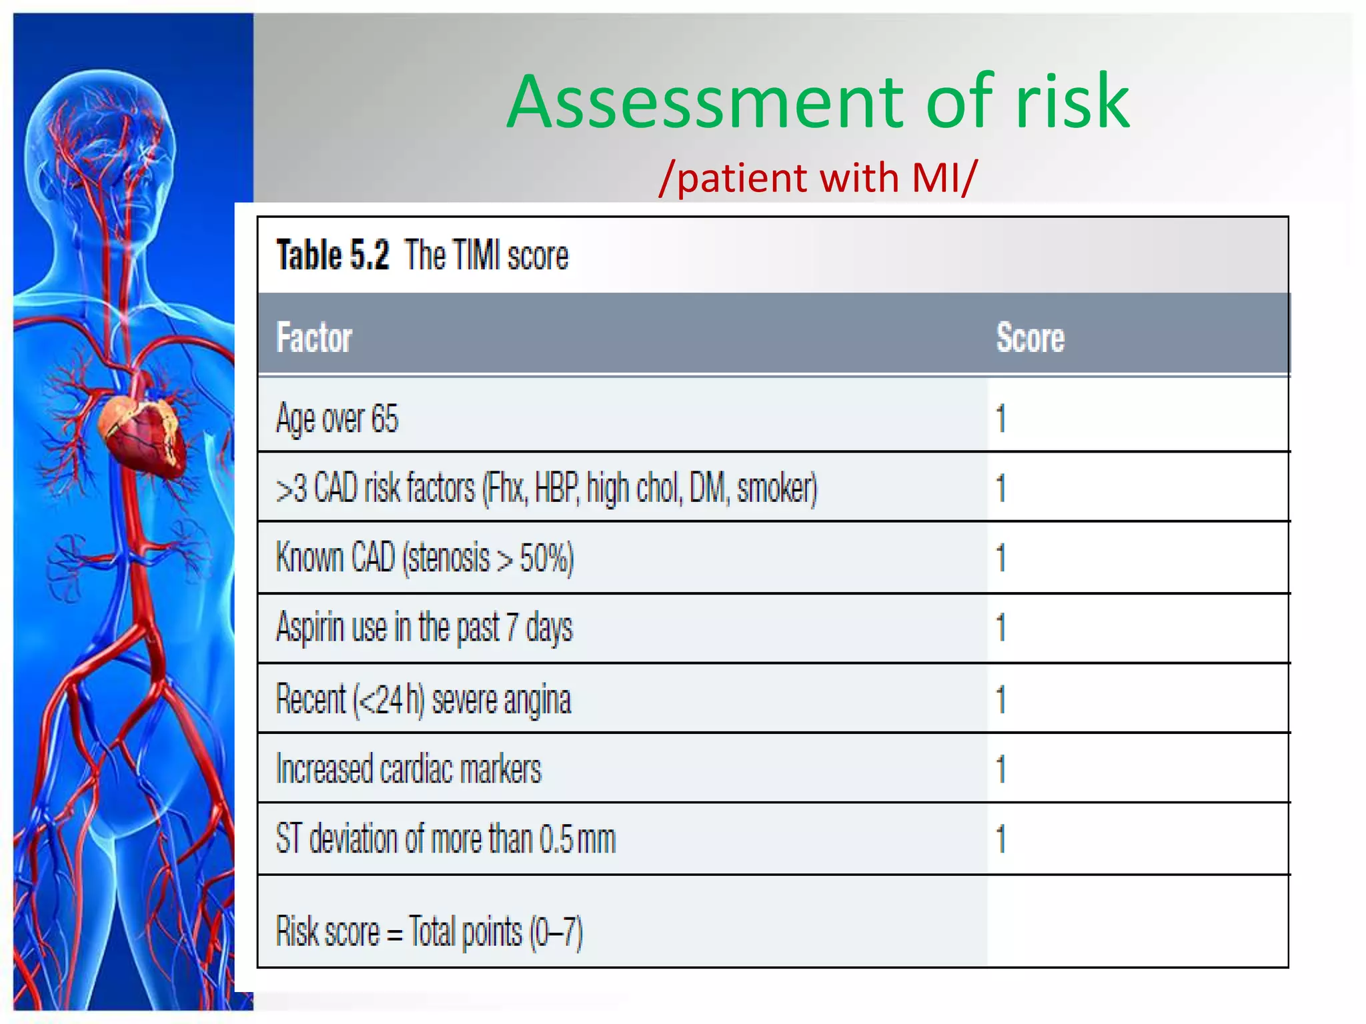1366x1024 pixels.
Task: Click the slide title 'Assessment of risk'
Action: pyautogui.click(x=818, y=102)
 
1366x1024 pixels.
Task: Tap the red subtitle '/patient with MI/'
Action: pyautogui.click(x=818, y=179)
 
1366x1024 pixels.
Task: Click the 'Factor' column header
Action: pyautogui.click(x=313, y=337)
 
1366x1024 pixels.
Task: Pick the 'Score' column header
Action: pyautogui.click(x=1030, y=337)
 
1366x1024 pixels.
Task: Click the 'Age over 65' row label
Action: pyautogui.click(x=337, y=419)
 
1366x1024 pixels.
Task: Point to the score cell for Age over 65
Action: pyautogui.click(x=1000, y=419)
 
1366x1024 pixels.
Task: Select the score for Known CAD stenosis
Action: pyautogui.click(x=1000, y=558)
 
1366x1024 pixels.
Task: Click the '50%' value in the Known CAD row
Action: pyautogui.click(x=544, y=558)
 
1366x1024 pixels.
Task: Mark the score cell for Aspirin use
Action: pyautogui.click(x=1000, y=628)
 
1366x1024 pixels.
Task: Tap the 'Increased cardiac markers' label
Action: pyautogui.click(x=408, y=769)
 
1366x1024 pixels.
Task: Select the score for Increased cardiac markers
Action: pyautogui.click(x=1000, y=769)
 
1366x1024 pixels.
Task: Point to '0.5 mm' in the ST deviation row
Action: pyautogui.click(x=577, y=839)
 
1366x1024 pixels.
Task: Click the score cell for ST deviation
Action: pyautogui.click(x=1000, y=839)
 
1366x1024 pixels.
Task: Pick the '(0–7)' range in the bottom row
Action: pyautogui.click(x=556, y=932)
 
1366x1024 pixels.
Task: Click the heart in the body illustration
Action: pyautogui.click(x=142, y=433)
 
